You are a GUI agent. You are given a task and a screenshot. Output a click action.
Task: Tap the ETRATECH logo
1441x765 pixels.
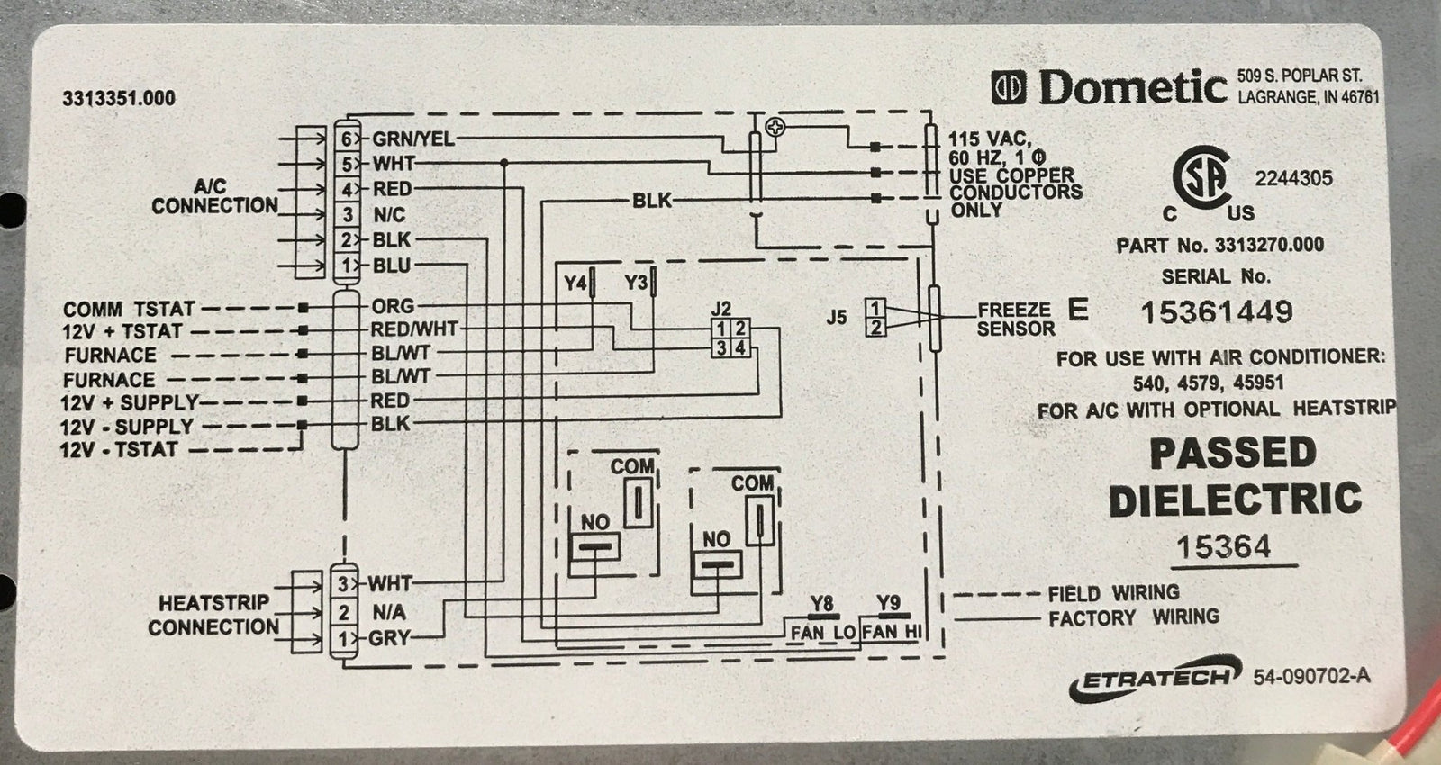pos(1151,680)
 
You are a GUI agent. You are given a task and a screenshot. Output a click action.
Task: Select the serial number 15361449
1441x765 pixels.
pos(1217,312)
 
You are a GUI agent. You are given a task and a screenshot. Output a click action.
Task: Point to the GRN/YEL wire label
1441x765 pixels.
pos(412,139)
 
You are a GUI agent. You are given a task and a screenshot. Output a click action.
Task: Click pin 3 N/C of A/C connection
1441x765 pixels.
pos(348,215)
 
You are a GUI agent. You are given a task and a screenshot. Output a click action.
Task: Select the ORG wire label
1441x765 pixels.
pos(393,306)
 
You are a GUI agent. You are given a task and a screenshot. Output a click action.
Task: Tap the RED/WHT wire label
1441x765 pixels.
pos(413,329)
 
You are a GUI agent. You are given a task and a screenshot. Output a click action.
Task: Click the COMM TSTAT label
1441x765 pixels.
pos(129,309)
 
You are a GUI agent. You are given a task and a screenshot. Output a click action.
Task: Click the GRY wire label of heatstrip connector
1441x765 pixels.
pos(389,639)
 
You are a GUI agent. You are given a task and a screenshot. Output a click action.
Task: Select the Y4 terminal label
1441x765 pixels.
pos(575,283)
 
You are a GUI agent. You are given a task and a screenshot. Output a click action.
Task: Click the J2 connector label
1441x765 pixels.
pos(720,309)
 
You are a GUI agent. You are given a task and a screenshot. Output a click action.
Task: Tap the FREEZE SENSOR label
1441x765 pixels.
pos(1015,319)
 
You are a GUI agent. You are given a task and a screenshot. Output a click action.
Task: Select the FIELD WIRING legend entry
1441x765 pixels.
pos(1113,593)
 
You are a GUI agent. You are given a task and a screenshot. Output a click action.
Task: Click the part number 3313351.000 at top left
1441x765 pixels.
pos(118,98)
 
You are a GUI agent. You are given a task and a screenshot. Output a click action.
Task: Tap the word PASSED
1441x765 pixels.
pos(1232,454)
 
